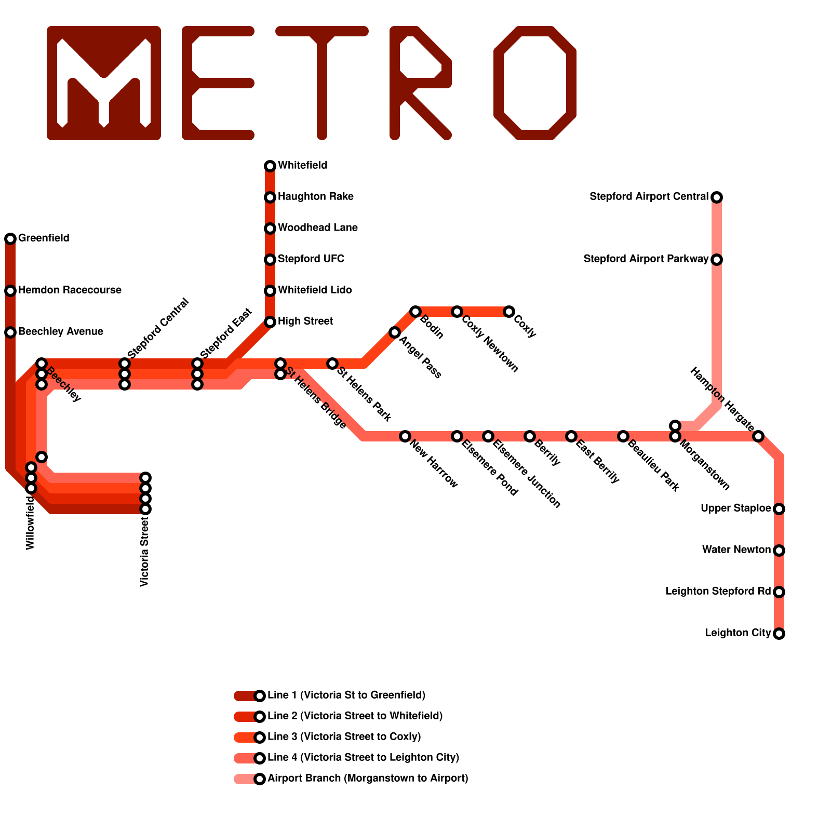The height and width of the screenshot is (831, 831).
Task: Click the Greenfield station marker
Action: pyautogui.click(x=10, y=239)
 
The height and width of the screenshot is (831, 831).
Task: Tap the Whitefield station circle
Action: pyautogui.click(x=270, y=166)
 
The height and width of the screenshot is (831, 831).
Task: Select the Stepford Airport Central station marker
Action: pyautogui.click(x=717, y=197)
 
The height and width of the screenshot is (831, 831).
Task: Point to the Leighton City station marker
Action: pyautogui.click(x=779, y=634)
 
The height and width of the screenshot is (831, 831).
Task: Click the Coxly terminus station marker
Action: pyautogui.click(x=509, y=312)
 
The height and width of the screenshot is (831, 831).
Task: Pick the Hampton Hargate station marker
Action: pyautogui.click(x=758, y=436)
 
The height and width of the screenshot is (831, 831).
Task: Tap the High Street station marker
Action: pyautogui.click(x=270, y=322)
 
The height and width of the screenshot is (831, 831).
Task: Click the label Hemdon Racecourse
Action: pyautogui.click(x=70, y=290)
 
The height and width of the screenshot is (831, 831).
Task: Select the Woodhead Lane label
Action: pyautogui.click(x=317, y=227)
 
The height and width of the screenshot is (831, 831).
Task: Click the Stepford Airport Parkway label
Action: pyautogui.click(x=646, y=259)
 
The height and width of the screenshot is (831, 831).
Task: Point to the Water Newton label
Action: pyautogui.click(x=736, y=549)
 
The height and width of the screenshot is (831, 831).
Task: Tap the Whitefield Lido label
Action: pyautogui.click(x=315, y=290)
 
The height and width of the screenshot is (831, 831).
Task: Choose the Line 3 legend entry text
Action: pyautogui.click(x=344, y=736)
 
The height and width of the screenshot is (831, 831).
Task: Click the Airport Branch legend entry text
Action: pyautogui.click(x=368, y=778)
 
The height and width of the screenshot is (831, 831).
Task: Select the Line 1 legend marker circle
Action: pyautogui.click(x=260, y=696)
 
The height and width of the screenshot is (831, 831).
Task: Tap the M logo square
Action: pyautogui.click(x=104, y=83)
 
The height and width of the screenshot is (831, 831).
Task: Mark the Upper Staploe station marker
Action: pyautogui.click(x=779, y=509)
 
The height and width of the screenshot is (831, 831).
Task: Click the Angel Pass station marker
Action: pyautogui.click(x=395, y=332)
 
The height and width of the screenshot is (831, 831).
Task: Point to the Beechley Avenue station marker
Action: pyautogui.click(x=10, y=332)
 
